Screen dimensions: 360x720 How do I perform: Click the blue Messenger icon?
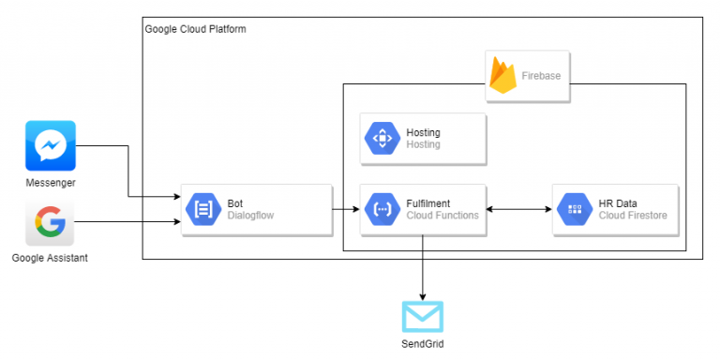51,145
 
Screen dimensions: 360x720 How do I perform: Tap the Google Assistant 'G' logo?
51,222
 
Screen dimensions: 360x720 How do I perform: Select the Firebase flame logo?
503,75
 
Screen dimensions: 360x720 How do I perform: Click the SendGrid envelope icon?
422,317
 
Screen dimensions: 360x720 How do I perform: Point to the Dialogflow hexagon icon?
202,208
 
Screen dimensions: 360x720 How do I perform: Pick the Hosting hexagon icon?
382,139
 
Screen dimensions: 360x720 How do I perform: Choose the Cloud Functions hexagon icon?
382,208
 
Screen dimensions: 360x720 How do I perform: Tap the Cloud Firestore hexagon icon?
574,208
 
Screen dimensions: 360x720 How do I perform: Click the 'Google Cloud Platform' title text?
195,30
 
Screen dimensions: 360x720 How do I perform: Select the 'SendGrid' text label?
422,346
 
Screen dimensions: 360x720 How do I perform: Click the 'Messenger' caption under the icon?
51,182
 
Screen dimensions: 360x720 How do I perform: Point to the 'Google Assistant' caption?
51,258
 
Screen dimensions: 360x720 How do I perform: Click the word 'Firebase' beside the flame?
541,75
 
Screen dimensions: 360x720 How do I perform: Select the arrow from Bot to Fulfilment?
346,208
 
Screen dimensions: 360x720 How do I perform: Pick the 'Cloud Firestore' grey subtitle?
633,216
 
